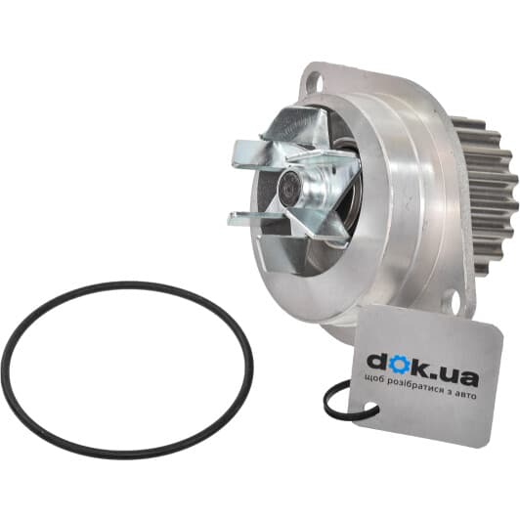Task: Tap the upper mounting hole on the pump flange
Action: click(x=315, y=80)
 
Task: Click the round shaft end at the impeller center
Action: click(x=289, y=189)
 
